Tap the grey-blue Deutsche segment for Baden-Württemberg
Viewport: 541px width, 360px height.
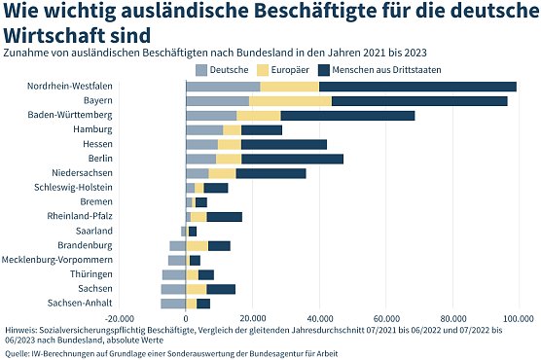click(x=198, y=116)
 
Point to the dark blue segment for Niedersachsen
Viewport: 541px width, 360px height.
click(x=270, y=173)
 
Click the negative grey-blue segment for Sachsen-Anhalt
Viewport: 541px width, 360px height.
click(x=173, y=304)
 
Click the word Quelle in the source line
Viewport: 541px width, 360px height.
click(x=19, y=352)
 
